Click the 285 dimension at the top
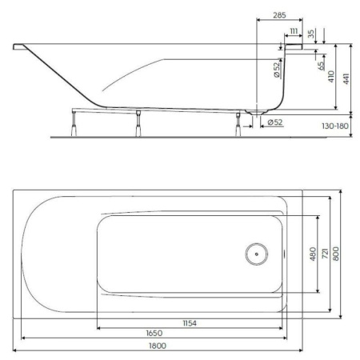280,15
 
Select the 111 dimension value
294,30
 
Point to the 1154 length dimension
189,322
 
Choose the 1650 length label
154,333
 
